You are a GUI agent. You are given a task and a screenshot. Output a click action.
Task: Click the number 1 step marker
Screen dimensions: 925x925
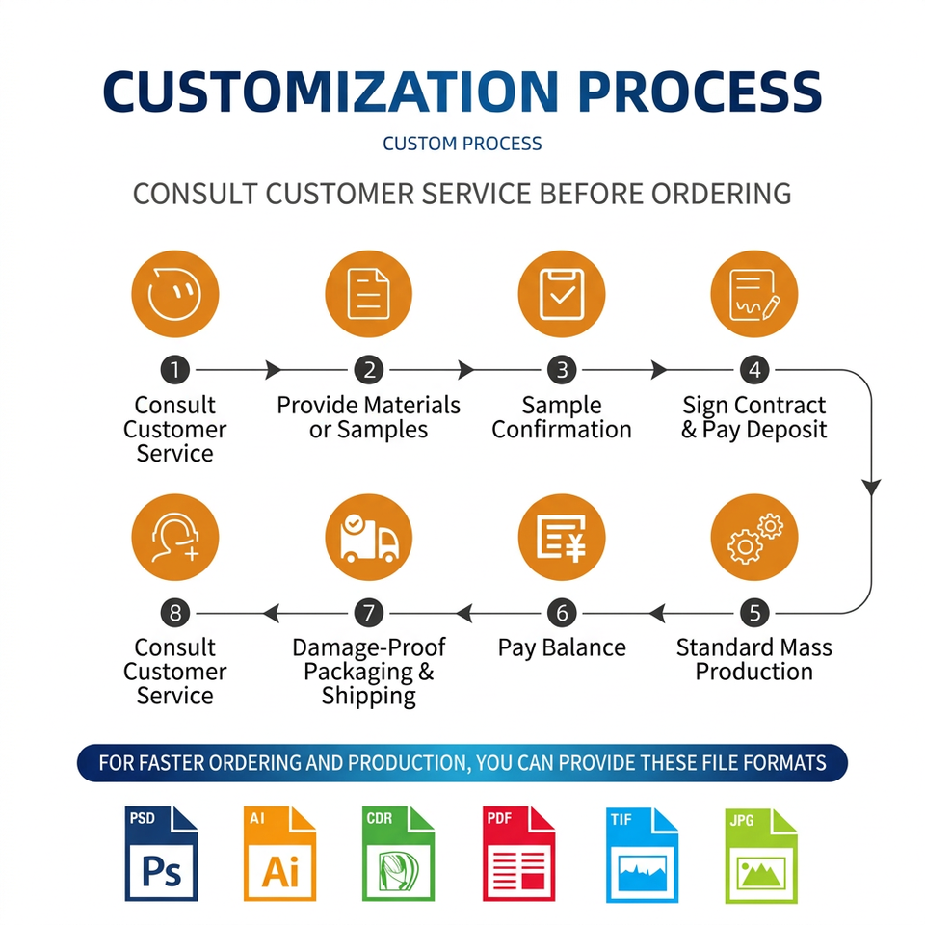click(175, 370)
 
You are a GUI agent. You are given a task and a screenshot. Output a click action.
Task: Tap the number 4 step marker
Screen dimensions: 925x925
click(754, 370)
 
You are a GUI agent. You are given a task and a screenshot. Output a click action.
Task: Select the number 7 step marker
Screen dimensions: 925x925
click(369, 613)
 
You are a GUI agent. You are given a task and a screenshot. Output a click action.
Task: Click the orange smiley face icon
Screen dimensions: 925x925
click(175, 294)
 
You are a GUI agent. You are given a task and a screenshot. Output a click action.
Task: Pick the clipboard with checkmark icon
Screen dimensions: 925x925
click(562, 294)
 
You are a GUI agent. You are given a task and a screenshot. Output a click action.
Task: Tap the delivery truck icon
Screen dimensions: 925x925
click(369, 538)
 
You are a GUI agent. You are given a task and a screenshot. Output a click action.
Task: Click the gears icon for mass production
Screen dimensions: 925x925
click(754, 538)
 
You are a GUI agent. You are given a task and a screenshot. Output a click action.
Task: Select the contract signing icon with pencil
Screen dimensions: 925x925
click(754, 294)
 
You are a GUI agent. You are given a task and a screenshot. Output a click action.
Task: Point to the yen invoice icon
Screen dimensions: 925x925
click(562, 538)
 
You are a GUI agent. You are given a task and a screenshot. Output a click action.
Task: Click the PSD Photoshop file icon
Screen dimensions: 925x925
click(161, 854)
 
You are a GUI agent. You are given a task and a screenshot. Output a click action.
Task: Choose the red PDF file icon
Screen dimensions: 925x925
click(518, 854)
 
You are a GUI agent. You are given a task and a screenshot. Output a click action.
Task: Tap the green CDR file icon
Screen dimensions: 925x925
click(398, 854)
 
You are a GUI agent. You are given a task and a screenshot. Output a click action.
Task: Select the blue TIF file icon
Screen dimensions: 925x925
click(642, 855)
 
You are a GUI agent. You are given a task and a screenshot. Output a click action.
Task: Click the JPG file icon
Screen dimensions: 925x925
click(761, 856)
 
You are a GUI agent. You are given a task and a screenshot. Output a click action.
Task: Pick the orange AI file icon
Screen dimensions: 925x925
click(279, 854)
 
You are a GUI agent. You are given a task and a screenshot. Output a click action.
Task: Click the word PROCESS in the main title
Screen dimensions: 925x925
click(700, 92)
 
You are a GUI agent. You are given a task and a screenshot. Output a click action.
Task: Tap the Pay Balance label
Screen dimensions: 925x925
click(562, 647)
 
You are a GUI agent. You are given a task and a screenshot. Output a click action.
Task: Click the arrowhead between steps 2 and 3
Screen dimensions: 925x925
click(466, 370)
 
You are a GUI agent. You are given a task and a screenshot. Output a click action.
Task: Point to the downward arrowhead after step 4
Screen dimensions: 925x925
click(871, 488)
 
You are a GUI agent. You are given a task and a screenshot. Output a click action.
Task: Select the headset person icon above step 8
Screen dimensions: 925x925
click(175, 538)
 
